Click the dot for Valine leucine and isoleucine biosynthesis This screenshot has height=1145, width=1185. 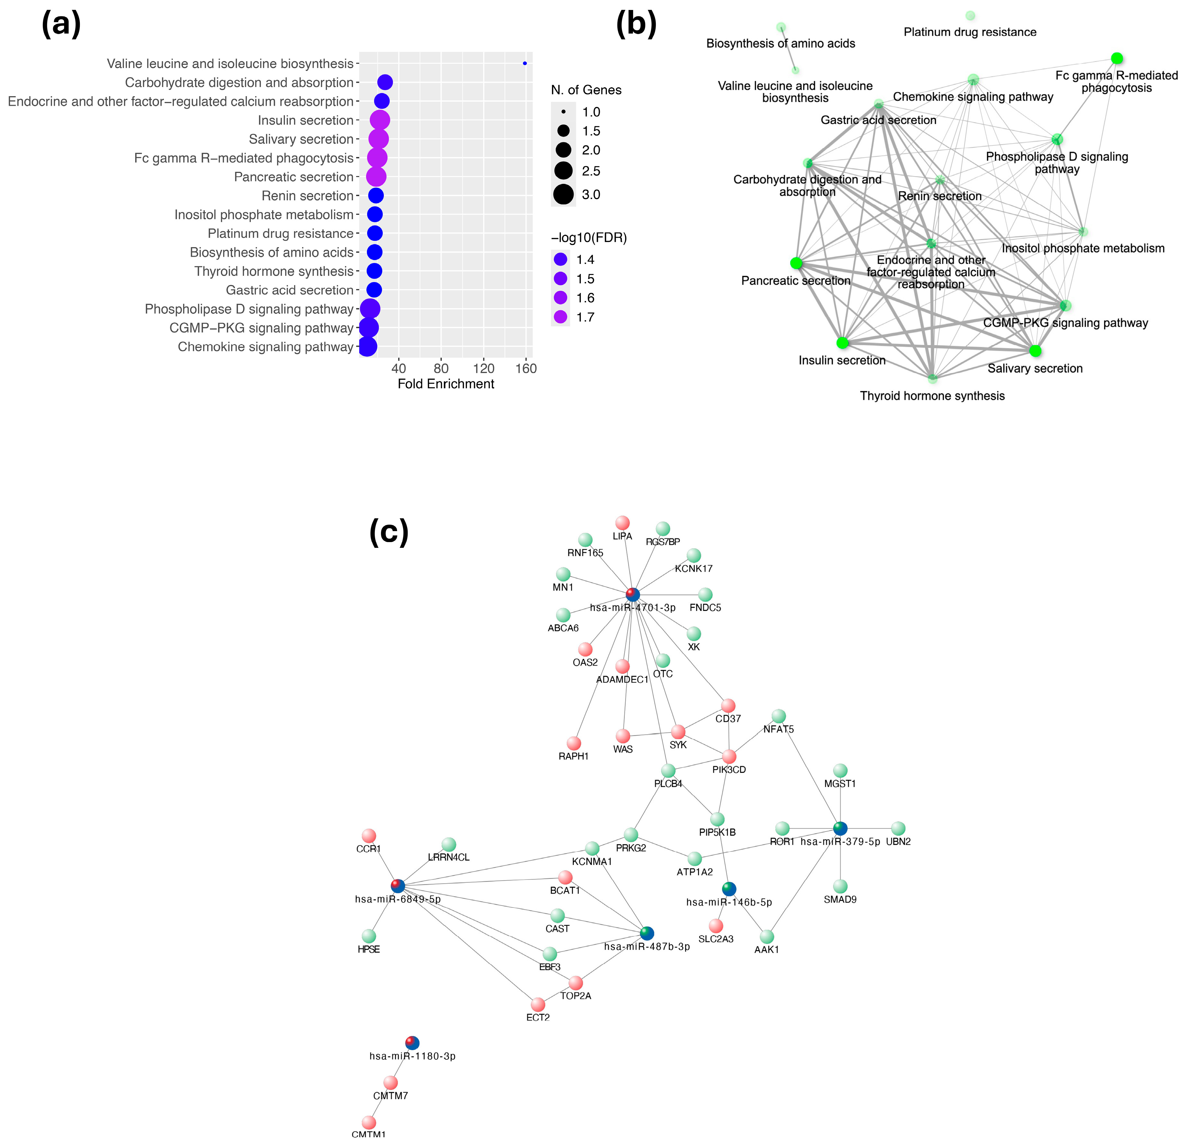524,63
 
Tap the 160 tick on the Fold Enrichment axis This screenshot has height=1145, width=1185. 526,368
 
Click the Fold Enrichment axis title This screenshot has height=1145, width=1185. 446,384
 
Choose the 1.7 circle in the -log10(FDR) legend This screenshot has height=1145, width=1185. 560,317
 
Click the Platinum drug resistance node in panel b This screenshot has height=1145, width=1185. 970,16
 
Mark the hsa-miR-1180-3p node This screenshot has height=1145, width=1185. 412,1042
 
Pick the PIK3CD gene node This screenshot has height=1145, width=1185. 729,756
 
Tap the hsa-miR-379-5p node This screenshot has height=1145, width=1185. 840,828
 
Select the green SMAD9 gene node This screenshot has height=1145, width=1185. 840,886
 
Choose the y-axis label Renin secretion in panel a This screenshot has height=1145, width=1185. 307,196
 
